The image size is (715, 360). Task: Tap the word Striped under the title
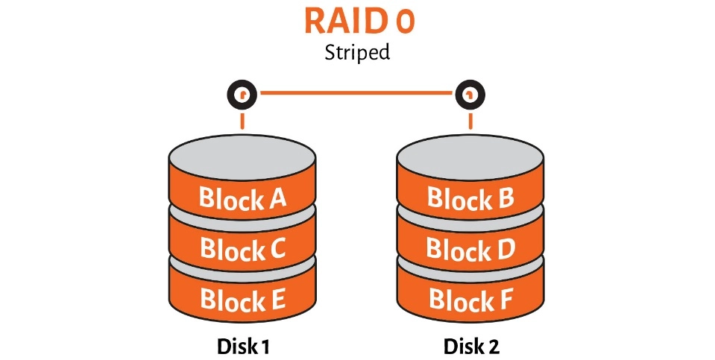point(358,54)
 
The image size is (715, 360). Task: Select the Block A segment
point(242,199)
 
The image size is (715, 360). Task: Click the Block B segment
point(470,199)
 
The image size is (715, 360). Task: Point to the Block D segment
point(470,250)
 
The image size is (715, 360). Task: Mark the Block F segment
point(470,300)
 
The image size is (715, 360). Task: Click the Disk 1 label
point(242,347)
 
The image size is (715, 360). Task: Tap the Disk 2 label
point(471,347)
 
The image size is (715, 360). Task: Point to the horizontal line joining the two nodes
point(356,94)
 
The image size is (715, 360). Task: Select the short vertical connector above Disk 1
point(242,121)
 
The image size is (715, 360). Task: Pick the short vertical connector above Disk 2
point(470,121)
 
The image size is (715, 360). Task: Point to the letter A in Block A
point(276,199)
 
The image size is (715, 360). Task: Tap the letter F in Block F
point(505,300)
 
